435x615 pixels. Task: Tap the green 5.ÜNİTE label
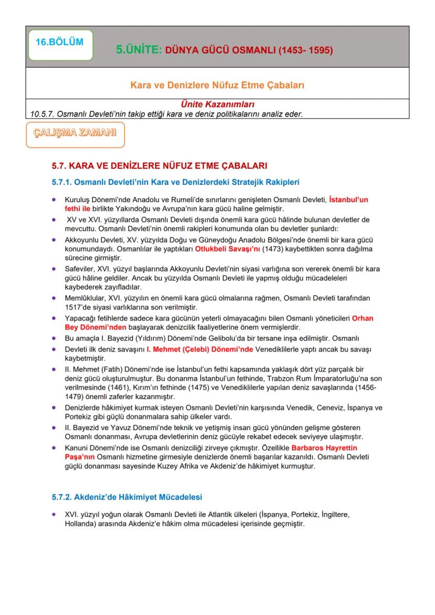[x=139, y=51]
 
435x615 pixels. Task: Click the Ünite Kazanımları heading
[x=217, y=105]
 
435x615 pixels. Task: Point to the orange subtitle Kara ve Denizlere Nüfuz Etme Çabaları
[x=217, y=84]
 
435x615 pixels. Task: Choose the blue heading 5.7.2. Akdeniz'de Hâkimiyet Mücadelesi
[x=123, y=496]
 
